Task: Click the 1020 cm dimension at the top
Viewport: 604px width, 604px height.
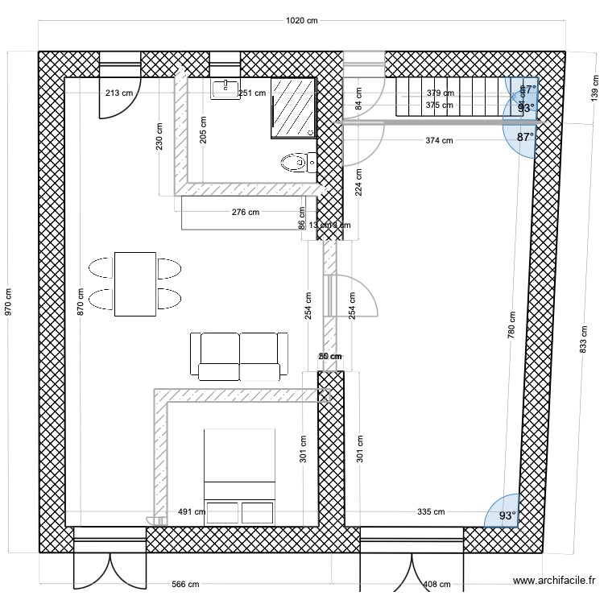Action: pyautogui.click(x=302, y=22)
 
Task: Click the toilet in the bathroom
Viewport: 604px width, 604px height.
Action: pyautogui.click(x=296, y=163)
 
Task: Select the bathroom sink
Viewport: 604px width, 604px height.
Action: pyautogui.click(x=225, y=89)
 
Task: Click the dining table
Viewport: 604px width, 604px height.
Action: pyautogui.click(x=135, y=284)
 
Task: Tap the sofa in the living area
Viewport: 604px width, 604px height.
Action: pyautogui.click(x=239, y=355)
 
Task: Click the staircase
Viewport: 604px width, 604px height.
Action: pyautogui.click(x=451, y=97)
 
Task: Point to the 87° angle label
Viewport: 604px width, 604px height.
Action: pyautogui.click(x=525, y=138)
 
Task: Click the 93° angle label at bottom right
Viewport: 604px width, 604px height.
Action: pyautogui.click(x=507, y=515)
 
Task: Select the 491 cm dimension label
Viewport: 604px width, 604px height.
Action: pyautogui.click(x=191, y=511)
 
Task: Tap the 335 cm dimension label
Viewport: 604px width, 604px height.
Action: pyautogui.click(x=431, y=511)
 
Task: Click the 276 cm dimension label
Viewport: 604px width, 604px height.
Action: pyautogui.click(x=245, y=213)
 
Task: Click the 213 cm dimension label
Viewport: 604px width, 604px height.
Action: pyautogui.click(x=118, y=93)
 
